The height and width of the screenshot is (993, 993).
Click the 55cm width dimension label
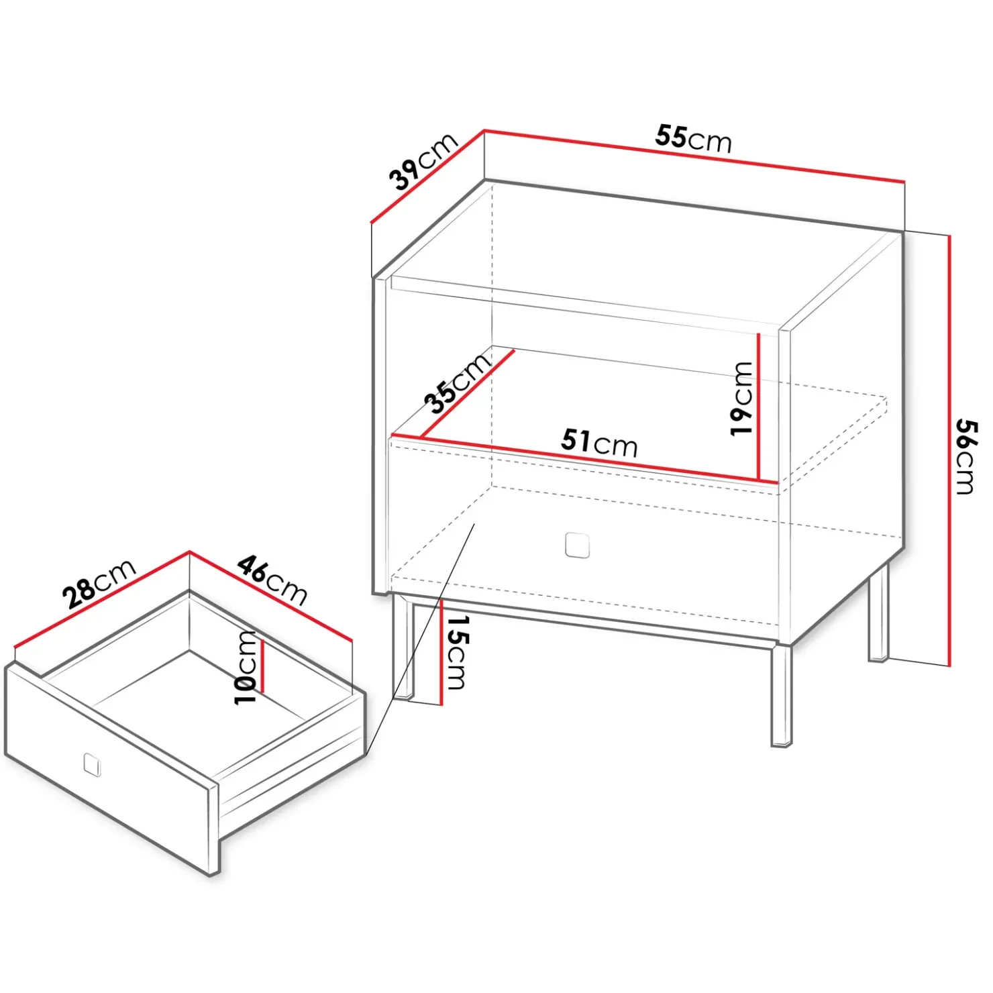(693, 139)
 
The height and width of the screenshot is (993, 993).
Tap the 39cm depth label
(423, 161)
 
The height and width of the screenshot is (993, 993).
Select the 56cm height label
(966, 457)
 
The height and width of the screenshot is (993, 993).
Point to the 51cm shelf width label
(599, 443)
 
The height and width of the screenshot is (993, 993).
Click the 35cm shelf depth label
(458, 382)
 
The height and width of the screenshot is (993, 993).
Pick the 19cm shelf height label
(742, 399)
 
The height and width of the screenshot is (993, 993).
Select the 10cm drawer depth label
(246, 668)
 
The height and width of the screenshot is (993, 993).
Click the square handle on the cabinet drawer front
(577, 545)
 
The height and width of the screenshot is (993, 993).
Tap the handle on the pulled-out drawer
(92, 764)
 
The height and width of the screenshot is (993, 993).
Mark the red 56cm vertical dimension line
(949, 450)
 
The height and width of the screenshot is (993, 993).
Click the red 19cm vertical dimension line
(758, 407)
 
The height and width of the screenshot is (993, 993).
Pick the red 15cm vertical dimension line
(442, 652)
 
